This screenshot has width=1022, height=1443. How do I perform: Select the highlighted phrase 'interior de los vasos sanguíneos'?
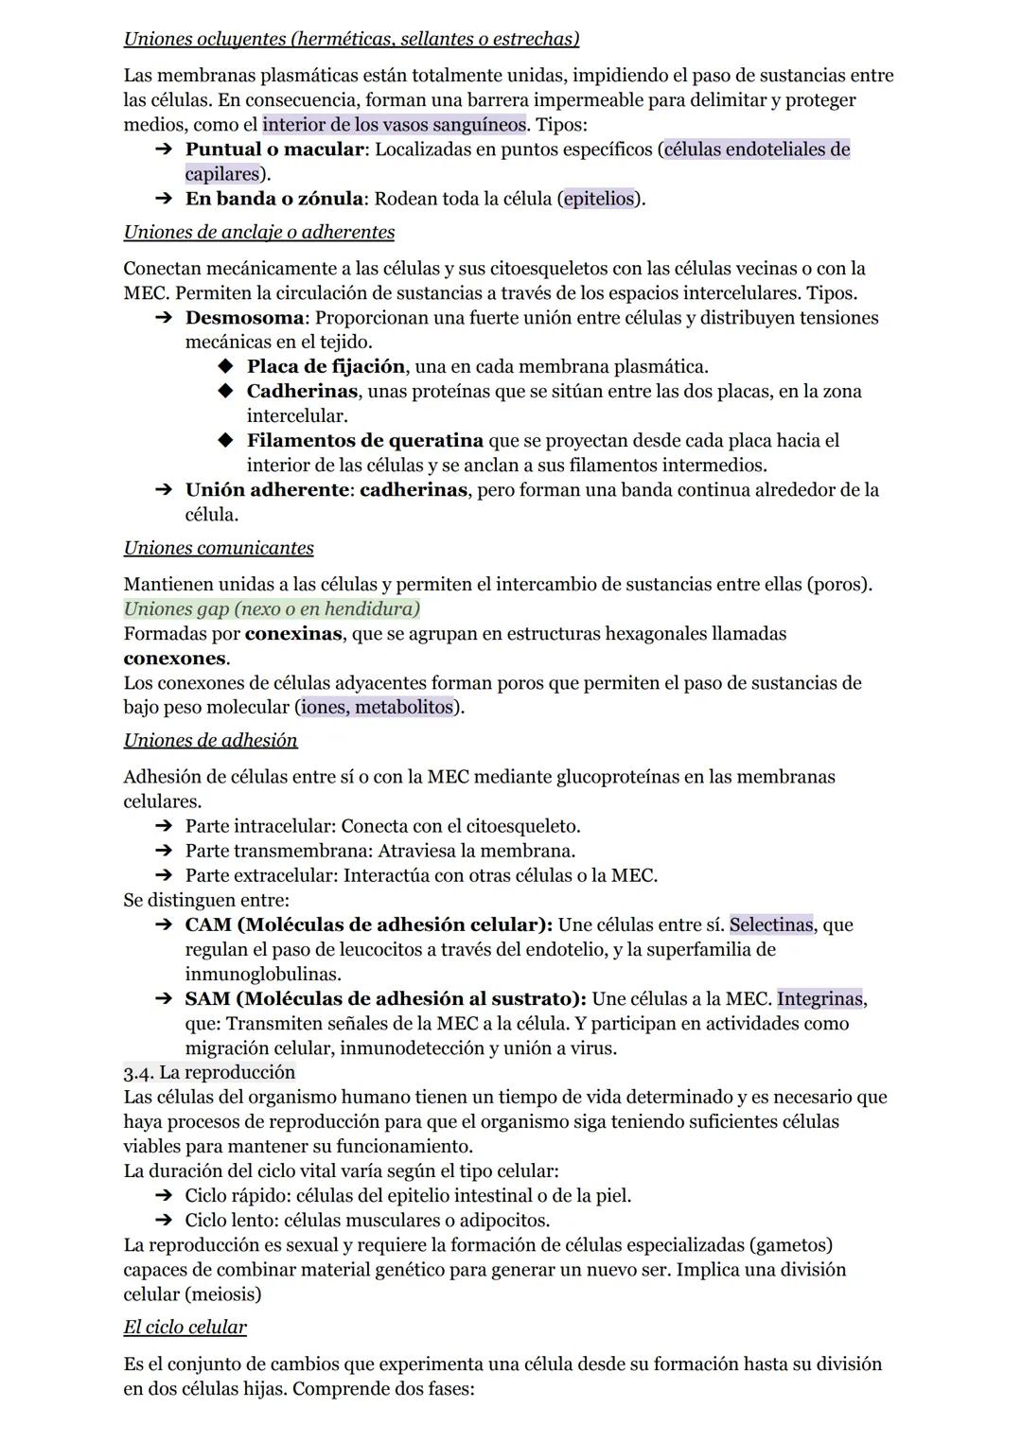point(394,124)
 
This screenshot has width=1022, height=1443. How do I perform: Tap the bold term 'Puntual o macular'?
point(274,150)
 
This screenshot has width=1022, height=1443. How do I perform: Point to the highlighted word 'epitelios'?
point(598,199)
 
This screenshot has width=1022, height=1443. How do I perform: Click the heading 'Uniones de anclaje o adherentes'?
point(259,232)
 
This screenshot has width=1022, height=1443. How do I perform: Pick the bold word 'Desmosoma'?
point(245,318)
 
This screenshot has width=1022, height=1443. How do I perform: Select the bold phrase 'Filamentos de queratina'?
point(364,441)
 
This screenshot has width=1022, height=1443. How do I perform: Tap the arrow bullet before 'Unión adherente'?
point(163,490)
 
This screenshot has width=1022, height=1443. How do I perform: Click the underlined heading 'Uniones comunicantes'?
point(219,548)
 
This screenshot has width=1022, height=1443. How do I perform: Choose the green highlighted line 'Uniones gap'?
point(272,608)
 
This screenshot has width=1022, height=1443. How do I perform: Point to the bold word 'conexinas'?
point(292,634)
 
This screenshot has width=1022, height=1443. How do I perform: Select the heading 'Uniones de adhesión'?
point(210,740)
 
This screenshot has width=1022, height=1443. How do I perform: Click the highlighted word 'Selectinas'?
point(770,924)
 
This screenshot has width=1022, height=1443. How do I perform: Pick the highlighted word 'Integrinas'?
point(819,998)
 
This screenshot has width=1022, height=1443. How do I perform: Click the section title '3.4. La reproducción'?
point(209,1072)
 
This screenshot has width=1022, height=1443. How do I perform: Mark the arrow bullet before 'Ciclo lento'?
point(163,1221)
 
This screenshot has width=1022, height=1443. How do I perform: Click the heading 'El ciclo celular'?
point(185,1327)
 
